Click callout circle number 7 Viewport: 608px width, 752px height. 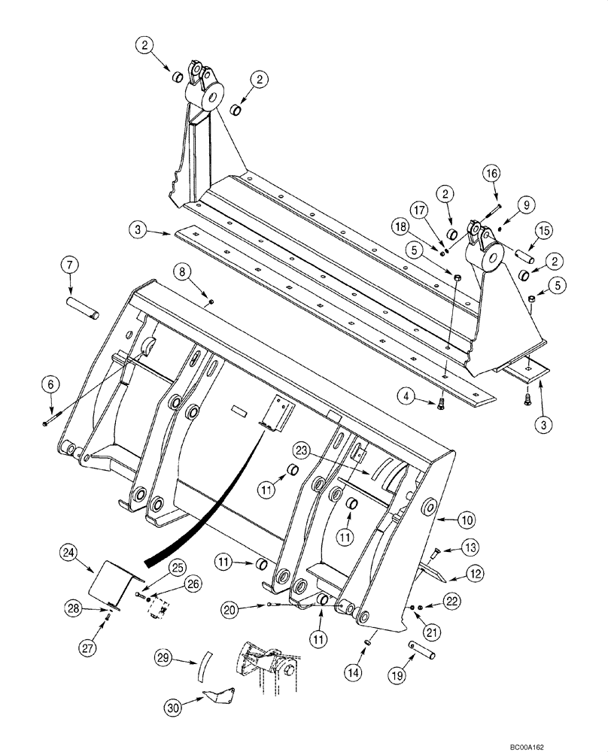[69, 265]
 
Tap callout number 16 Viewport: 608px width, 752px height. [491, 174]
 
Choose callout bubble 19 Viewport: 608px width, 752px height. [397, 677]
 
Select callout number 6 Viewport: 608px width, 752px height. [50, 384]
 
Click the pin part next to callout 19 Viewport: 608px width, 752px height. [425, 646]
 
